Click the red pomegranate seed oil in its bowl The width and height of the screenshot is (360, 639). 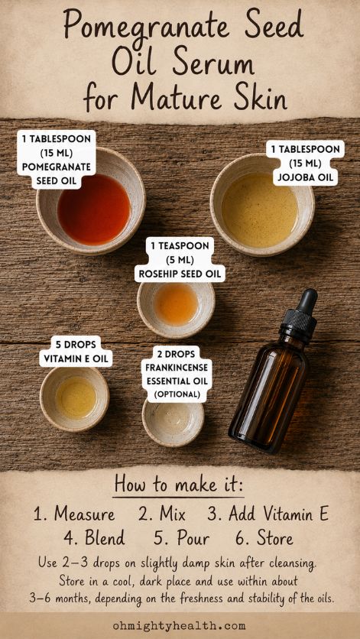coord(94,209)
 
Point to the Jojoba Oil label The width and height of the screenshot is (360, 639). coord(306,163)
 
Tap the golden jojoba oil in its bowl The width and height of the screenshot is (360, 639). coord(260,210)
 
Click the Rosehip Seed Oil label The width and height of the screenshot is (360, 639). coord(180,260)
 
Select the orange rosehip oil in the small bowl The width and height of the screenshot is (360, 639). coord(176,303)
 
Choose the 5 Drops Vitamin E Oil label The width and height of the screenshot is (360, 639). coord(76,352)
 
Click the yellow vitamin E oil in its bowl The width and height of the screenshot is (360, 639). coord(76,397)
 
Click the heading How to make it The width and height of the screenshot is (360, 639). coord(179,484)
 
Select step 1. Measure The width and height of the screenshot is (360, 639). coord(74,514)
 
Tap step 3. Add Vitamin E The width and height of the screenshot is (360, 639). coord(268,514)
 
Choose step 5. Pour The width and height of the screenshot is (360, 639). coord(181,538)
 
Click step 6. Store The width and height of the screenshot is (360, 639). coord(264,538)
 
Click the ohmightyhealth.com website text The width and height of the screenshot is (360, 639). coord(180,625)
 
